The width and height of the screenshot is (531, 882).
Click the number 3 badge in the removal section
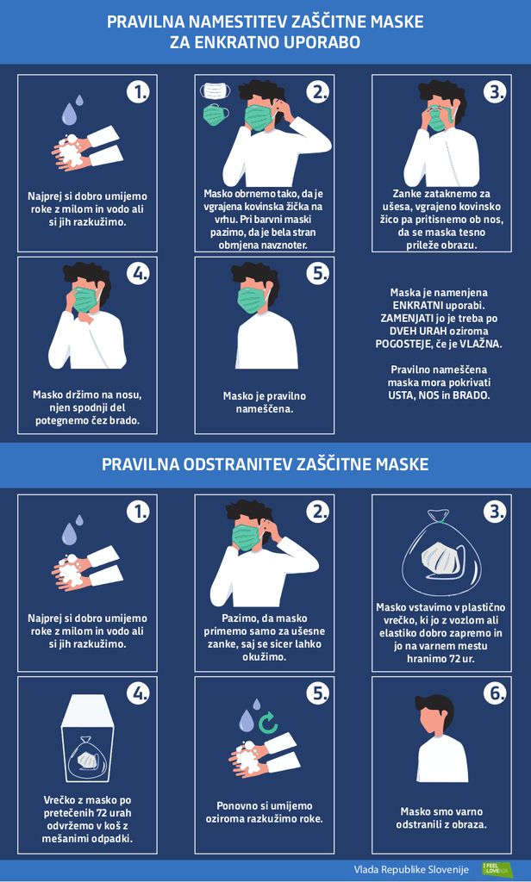click(x=496, y=512)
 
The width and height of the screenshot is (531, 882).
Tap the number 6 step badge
click(x=496, y=693)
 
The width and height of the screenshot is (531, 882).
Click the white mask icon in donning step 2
click(x=216, y=90)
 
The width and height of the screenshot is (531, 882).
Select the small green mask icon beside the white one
click(x=216, y=115)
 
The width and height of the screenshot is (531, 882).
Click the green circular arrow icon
click(x=269, y=723)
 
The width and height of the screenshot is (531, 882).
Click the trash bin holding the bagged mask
click(x=87, y=737)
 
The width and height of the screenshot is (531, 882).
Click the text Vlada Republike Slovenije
click(x=411, y=869)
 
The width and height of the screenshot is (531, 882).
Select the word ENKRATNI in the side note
click(x=415, y=306)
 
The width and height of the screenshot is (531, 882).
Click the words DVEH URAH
click(x=414, y=331)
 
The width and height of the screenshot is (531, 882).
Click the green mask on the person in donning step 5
click(x=251, y=299)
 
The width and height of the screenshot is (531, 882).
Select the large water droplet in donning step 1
click(x=69, y=115)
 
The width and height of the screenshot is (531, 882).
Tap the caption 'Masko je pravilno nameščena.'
click(x=265, y=402)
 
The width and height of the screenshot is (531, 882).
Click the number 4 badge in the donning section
click(x=138, y=273)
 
